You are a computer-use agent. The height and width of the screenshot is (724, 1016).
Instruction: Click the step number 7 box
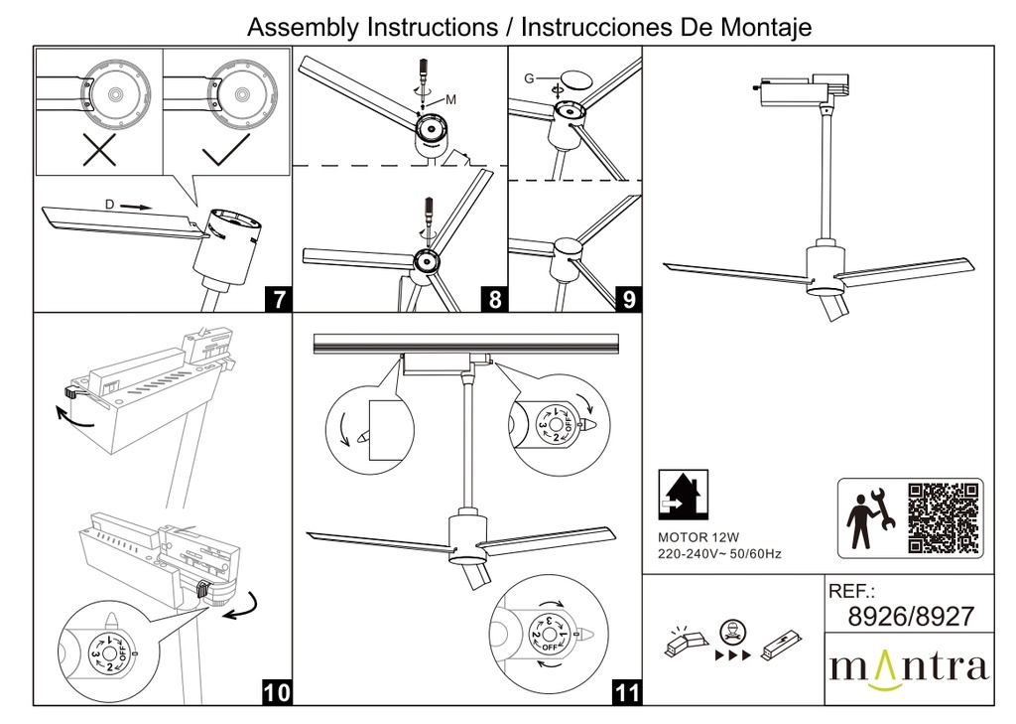279,297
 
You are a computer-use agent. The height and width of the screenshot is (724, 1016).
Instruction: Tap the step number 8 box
494,297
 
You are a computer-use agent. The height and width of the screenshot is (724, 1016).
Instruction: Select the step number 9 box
628,297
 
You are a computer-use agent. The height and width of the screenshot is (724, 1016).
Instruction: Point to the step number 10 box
279,691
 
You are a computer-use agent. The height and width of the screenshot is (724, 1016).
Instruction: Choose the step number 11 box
628,691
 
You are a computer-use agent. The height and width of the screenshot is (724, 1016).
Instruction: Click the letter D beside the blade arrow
109,205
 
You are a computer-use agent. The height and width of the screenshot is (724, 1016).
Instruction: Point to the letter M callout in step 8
450,99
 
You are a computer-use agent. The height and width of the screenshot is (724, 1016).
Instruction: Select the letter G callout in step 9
529,77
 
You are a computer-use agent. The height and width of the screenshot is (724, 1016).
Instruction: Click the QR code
944,517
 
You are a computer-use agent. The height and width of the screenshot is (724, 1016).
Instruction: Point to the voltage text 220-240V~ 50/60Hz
719,553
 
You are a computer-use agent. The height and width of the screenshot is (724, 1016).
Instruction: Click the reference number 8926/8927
911,617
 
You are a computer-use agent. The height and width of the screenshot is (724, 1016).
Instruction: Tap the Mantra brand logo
909,666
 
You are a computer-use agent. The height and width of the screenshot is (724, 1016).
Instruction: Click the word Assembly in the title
304,28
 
